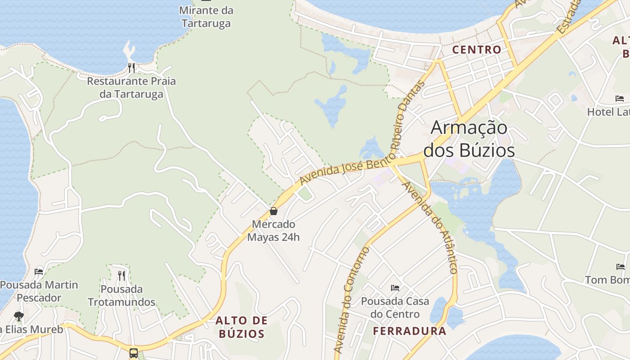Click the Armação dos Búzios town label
pyautogui.click(x=469, y=139)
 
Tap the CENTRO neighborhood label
pyautogui.click(x=477, y=49)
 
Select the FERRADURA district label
pyautogui.click(x=409, y=331)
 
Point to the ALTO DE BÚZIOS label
pyautogui.click(x=241, y=327)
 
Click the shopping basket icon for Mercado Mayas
pyautogui.click(x=273, y=211)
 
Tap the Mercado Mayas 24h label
pyautogui.click(x=273, y=230)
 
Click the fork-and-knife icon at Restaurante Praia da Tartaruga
pyautogui.click(x=131, y=68)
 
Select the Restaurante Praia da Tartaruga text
pyautogui.click(x=131, y=88)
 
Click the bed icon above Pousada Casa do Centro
pyautogui.click(x=395, y=288)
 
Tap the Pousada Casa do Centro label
pyautogui.click(x=395, y=307)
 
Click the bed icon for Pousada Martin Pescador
pyautogui.click(x=39, y=271)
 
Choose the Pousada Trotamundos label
pyautogui.click(x=121, y=295)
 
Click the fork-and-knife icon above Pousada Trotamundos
pyautogui.click(x=121, y=275)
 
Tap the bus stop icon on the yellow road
pyautogui.click(x=134, y=352)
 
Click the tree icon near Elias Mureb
pyautogui.click(x=18, y=316)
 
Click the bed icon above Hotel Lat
pyautogui.click(x=620, y=99)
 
